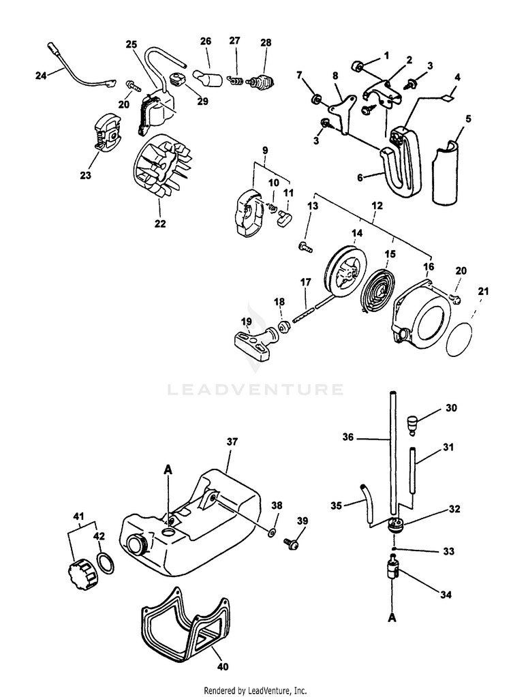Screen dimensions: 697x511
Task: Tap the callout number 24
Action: (x=41, y=75)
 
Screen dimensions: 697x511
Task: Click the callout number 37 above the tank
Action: (x=233, y=442)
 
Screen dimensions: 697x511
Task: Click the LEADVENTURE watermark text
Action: (x=255, y=390)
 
